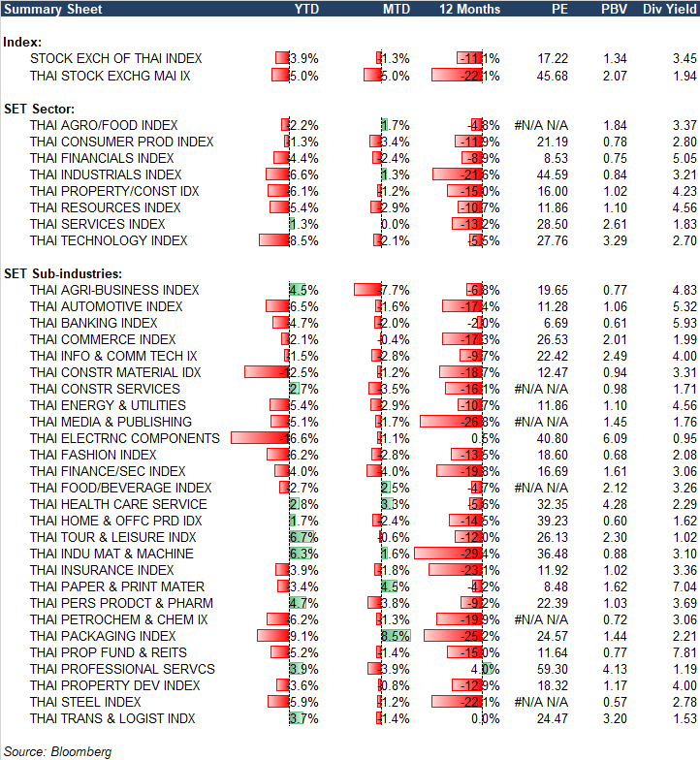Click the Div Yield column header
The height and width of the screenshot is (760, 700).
tap(666, 9)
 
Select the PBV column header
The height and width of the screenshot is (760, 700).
tap(615, 9)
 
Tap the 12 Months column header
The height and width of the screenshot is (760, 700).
tap(470, 9)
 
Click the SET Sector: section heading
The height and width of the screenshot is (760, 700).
tap(40, 109)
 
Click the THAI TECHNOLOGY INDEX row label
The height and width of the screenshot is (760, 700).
tap(109, 240)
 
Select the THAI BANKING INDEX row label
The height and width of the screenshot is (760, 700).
tap(93, 323)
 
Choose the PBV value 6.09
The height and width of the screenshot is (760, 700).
tap(615, 438)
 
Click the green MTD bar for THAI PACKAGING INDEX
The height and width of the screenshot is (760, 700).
tap(396, 636)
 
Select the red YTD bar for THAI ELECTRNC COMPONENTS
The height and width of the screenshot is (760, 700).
tap(259, 438)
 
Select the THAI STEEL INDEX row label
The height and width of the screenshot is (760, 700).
tap(85, 702)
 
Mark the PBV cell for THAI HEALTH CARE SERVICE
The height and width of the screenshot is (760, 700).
tap(615, 504)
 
